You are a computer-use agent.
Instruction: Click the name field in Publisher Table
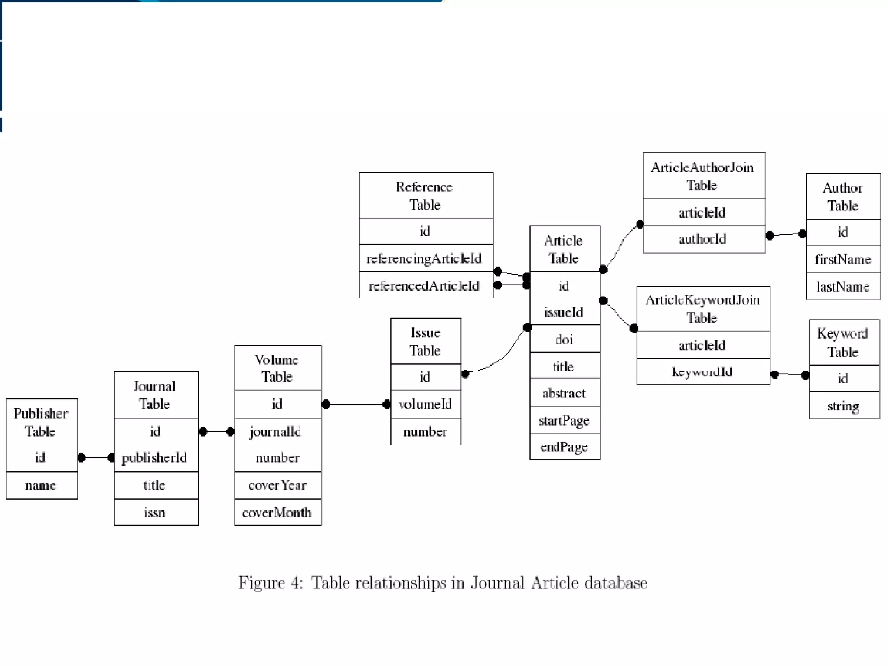click(x=40, y=485)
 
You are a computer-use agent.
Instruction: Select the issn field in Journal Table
click(x=155, y=513)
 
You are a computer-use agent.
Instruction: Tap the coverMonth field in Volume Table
click(x=277, y=513)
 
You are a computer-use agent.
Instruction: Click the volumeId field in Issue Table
click(x=425, y=404)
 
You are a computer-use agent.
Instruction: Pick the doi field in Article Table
click(x=564, y=339)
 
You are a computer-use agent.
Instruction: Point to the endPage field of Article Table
click(x=564, y=447)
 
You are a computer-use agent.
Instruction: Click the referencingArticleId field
click(x=424, y=259)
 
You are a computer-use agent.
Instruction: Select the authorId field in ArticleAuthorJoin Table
click(x=702, y=239)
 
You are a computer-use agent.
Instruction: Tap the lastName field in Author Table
click(x=842, y=287)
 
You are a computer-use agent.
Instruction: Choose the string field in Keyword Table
click(x=842, y=406)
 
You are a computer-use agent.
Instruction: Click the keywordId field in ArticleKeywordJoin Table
click(x=702, y=372)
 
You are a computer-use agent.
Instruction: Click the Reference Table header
click(x=424, y=196)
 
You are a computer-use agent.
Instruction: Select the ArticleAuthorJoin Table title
click(x=702, y=176)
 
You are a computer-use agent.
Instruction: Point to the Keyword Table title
click(x=842, y=343)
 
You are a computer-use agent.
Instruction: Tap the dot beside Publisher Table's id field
click(x=82, y=457)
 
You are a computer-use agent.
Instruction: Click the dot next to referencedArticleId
click(x=498, y=285)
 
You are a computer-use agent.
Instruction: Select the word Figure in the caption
click(x=261, y=583)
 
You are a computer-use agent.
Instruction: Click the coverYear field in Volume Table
click(x=277, y=485)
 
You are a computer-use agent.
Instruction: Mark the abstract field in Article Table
click(x=564, y=393)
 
